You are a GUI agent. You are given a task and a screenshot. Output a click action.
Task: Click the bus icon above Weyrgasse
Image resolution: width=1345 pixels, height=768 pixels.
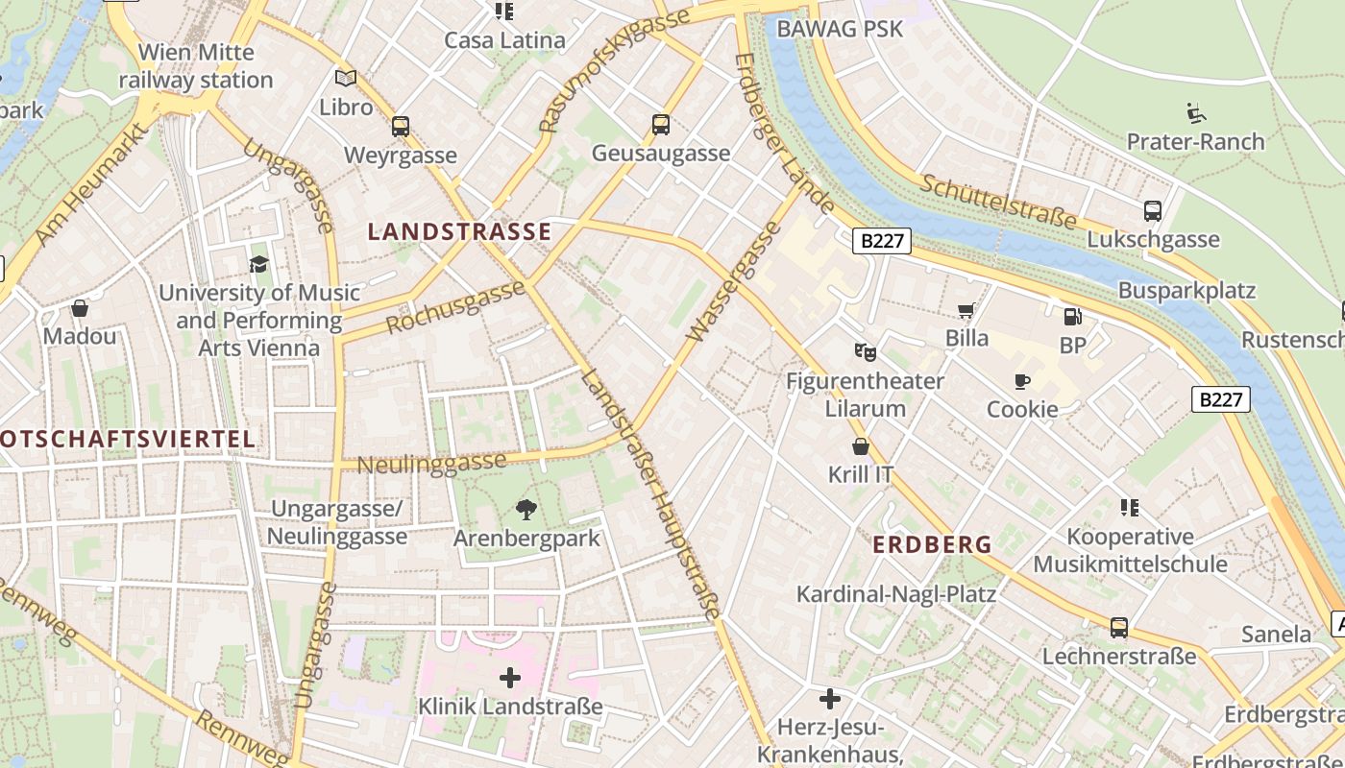click(x=401, y=126)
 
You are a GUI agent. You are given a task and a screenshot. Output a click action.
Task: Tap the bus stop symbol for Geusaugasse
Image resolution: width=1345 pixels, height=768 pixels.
click(x=661, y=124)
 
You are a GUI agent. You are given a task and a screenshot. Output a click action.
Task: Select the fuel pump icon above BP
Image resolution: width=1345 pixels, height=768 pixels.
click(x=1072, y=316)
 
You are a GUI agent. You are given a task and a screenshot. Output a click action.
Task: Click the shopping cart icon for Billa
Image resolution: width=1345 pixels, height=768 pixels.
click(x=966, y=310)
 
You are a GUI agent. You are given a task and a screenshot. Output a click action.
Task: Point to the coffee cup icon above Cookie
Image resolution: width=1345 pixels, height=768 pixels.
click(x=1022, y=381)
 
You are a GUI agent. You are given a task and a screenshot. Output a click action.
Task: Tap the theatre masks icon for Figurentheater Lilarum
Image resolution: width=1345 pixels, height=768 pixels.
click(x=865, y=352)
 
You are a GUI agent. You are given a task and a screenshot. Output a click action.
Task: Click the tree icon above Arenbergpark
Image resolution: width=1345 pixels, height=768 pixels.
click(x=526, y=509)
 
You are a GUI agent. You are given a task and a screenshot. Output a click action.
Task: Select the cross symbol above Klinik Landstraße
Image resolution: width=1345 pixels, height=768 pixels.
click(x=510, y=679)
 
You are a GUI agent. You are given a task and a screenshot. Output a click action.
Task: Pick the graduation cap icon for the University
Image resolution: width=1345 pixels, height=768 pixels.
click(x=258, y=264)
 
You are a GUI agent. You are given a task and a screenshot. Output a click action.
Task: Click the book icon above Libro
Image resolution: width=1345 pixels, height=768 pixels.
click(x=346, y=78)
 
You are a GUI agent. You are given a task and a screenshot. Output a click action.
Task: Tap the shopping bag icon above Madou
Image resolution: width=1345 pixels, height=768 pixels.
click(x=80, y=308)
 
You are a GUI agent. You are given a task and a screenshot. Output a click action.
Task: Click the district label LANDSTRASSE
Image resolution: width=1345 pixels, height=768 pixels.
click(x=460, y=231)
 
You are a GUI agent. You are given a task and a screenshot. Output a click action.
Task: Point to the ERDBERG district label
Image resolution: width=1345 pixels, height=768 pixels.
click(x=932, y=544)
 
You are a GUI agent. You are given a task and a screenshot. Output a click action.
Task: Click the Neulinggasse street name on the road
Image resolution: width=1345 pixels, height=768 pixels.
click(x=431, y=463)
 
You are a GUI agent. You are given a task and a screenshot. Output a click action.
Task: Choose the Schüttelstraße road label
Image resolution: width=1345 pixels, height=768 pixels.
click(x=998, y=202)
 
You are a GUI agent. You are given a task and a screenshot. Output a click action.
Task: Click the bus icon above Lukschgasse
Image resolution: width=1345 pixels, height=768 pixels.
click(x=1153, y=211)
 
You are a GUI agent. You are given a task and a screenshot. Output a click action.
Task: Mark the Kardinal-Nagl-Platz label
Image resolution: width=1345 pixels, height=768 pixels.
click(x=895, y=594)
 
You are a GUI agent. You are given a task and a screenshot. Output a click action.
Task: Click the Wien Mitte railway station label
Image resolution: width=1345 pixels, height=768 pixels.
click(x=196, y=66)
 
